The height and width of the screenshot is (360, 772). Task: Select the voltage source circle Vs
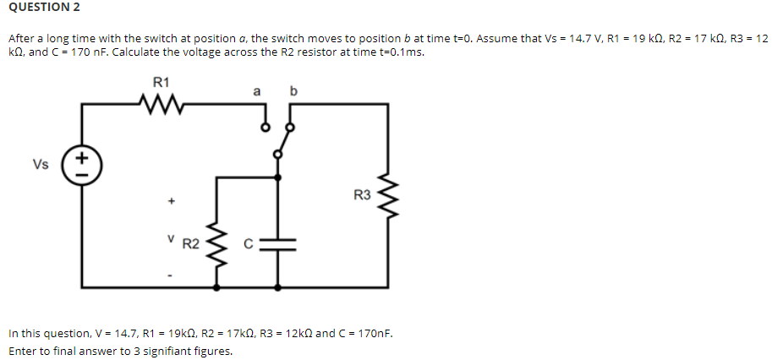(x=82, y=164)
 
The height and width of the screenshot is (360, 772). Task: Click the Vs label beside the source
(x=39, y=164)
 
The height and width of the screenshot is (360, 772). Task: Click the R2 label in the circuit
(x=191, y=244)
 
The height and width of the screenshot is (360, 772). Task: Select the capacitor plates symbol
(x=278, y=244)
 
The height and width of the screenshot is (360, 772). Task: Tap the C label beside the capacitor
(x=250, y=245)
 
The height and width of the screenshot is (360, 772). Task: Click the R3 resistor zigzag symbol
(x=390, y=196)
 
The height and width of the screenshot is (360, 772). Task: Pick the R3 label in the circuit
(x=363, y=196)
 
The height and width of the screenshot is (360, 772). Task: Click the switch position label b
(x=293, y=90)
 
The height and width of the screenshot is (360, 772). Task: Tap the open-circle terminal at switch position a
(x=265, y=128)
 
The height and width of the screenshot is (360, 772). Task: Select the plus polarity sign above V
(x=171, y=202)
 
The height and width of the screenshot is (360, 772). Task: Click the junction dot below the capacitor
(x=278, y=287)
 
